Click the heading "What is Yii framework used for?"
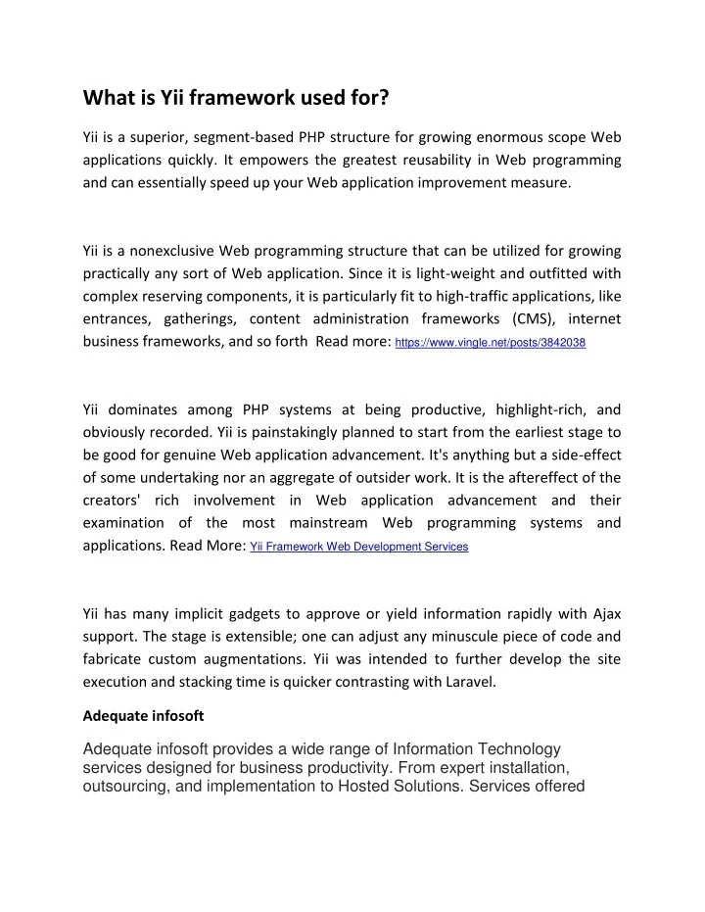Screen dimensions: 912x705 (x=236, y=98)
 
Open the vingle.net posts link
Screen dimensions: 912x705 (x=491, y=343)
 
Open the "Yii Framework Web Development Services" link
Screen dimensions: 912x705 (x=359, y=547)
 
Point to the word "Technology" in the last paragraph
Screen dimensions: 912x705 (x=509, y=749)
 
